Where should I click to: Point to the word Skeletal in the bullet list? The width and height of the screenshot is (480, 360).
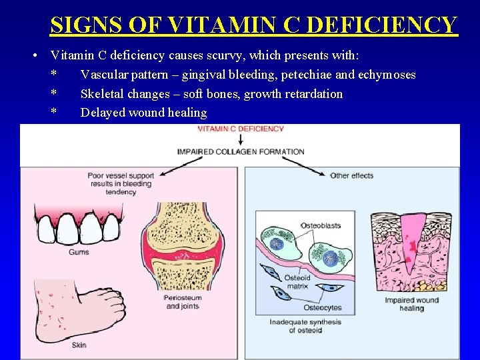click(x=103, y=93)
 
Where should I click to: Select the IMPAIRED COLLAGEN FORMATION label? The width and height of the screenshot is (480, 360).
click(x=240, y=151)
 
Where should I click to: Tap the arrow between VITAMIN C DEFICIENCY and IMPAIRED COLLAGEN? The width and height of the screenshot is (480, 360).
click(x=240, y=140)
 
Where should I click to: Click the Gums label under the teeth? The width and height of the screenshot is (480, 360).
click(x=79, y=252)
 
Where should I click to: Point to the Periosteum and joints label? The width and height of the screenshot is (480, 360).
click(x=181, y=303)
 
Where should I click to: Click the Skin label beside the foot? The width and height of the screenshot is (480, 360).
click(x=79, y=345)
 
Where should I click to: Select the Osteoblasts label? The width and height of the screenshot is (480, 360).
click(x=321, y=225)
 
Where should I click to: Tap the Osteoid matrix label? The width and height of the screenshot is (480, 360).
click(x=297, y=281)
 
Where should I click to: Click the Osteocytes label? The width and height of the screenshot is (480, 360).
click(x=322, y=307)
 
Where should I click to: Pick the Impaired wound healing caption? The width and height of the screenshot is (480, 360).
click(x=411, y=304)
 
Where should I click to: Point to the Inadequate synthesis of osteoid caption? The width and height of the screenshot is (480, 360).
click(x=305, y=326)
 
